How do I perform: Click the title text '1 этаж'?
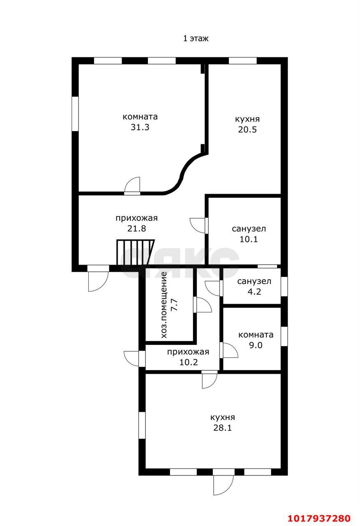pos(196,38)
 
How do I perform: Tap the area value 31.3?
pos(140,127)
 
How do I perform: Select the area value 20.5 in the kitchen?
pos(247,129)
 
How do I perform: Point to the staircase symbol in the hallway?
pos(135,252)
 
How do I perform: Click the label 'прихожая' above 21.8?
pos(136,218)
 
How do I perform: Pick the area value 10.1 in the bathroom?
pos(249,239)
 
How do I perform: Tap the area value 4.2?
pos(254,292)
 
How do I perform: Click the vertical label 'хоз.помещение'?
pos(164,305)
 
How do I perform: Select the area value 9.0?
pos(256,345)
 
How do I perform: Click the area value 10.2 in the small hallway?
pos(189,362)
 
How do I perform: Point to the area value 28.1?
pos(222,428)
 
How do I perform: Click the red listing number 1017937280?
pos(319,518)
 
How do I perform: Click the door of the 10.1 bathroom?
pos(198,226)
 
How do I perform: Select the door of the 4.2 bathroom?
pos(213,288)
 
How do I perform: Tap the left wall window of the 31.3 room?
pos(75,114)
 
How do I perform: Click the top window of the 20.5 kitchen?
pos(243,60)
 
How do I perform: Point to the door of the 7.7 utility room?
pos(203,305)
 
